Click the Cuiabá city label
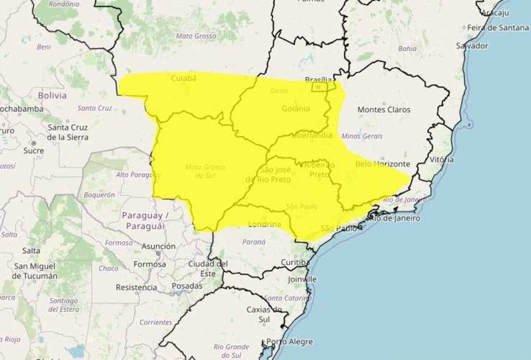tap(183, 78)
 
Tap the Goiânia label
tap(296, 108)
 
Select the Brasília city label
tap(319, 80)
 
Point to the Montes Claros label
tap(384, 109)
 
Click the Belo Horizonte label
tap(383, 164)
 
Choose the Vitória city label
tap(441, 159)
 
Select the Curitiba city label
tap(295, 262)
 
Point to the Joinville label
tap(302, 279)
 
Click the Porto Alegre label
tap(290, 342)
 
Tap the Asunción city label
tap(158, 246)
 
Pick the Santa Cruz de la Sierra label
tap(68, 132)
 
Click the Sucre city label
tap(34, 151)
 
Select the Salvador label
tap(472, 46)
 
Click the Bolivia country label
tap(52, 95)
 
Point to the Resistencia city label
tap(136, 287)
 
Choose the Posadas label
tap(187, 286)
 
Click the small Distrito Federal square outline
tap(322, 87)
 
